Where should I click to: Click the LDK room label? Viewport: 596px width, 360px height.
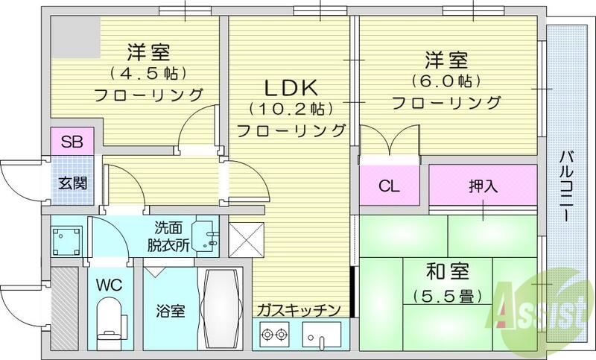click(291, 86)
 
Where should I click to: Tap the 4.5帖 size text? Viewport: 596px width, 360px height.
click(148, 74)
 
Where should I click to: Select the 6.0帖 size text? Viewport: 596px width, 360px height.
click(446, 80)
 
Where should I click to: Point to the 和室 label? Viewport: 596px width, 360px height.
click(446, 271)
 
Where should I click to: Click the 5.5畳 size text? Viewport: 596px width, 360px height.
click(446, 295)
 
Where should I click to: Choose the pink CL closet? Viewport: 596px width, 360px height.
click(389, 186)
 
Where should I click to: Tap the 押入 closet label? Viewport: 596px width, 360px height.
click(483, 186)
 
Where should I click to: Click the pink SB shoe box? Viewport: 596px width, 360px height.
click(72, 141)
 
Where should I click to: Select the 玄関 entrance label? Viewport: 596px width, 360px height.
click(72, 180)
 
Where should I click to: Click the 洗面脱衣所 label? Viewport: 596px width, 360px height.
click(171, 237)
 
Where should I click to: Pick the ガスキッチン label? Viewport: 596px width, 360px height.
click(299, 309)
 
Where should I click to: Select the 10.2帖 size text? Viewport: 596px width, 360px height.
click(291, 109)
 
